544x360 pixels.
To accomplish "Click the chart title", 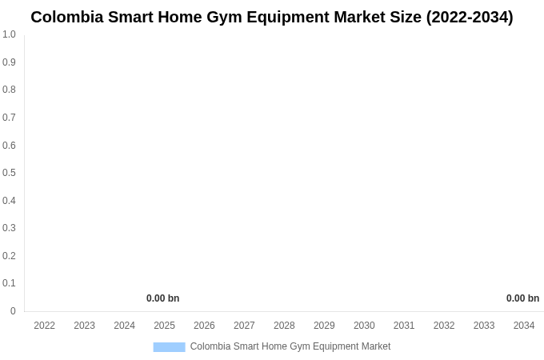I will pos(272,17).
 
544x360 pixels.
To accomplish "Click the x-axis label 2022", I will pos(45,326).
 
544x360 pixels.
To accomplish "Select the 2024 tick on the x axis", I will pos(125,326).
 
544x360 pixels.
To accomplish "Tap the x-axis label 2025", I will pos(165,326).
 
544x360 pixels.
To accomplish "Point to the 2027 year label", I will pos(244,326).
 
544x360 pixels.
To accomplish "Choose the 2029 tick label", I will pos(324,326).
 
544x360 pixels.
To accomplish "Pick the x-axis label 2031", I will pos(404,326).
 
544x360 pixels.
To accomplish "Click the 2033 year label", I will pos(484,326).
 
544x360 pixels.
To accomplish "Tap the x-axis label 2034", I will pos(524,326).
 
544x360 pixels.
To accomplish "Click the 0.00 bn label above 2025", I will pos(162,298).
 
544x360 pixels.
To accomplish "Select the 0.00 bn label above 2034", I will pos(522,298).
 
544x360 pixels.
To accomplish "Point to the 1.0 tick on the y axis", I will pos(9,34).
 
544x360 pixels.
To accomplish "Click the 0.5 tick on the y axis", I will pos(9,173).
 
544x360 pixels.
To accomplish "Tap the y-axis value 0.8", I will pos(9,90).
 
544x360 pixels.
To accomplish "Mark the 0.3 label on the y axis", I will pos(9,228).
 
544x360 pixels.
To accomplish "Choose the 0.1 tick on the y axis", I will pos(9,283).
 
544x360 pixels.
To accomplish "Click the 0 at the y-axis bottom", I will pos(13,311).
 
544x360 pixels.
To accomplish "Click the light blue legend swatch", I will pos(169,347).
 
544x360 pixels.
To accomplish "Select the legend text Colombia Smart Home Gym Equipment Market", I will pos(290,346).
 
